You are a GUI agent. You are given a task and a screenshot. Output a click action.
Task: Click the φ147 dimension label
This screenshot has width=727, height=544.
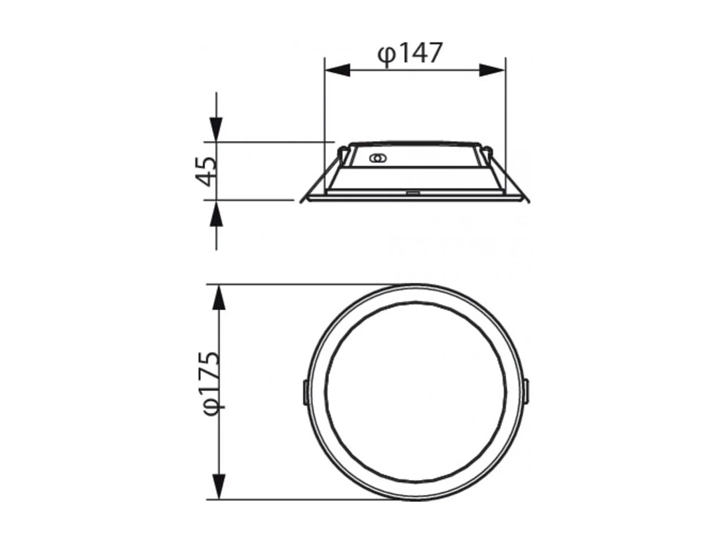click(410, 54)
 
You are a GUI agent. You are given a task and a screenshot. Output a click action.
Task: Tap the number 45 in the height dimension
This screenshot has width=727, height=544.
click(205, 171)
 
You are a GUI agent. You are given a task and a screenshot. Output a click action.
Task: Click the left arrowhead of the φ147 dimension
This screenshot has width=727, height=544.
click(337, 70)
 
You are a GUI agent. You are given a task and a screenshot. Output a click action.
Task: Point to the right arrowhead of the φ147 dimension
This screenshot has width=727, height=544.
click(492, 70)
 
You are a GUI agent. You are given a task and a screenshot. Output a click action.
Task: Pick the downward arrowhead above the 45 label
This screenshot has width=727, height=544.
click(216, 129)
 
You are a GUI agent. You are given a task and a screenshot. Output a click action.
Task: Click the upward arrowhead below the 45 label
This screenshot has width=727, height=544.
click(216, 214)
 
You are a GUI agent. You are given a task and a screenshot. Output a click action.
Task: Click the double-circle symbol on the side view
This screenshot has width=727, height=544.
click(378, 158)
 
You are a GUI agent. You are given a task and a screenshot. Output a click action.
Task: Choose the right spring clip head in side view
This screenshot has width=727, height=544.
click(486, 150)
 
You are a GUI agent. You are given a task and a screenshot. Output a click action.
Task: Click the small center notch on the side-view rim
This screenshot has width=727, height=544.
click(412, 193)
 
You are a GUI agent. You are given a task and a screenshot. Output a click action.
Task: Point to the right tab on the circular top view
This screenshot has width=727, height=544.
click(527, 392)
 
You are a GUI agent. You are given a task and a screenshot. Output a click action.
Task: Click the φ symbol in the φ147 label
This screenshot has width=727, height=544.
click(385, 55)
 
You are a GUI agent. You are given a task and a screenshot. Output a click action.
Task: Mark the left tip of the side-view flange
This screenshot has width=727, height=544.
click(302, 201)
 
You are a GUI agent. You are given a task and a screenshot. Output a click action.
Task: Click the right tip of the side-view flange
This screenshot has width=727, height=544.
click(528, 201)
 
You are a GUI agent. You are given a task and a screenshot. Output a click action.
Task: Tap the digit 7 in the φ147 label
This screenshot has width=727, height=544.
click(434, 54)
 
